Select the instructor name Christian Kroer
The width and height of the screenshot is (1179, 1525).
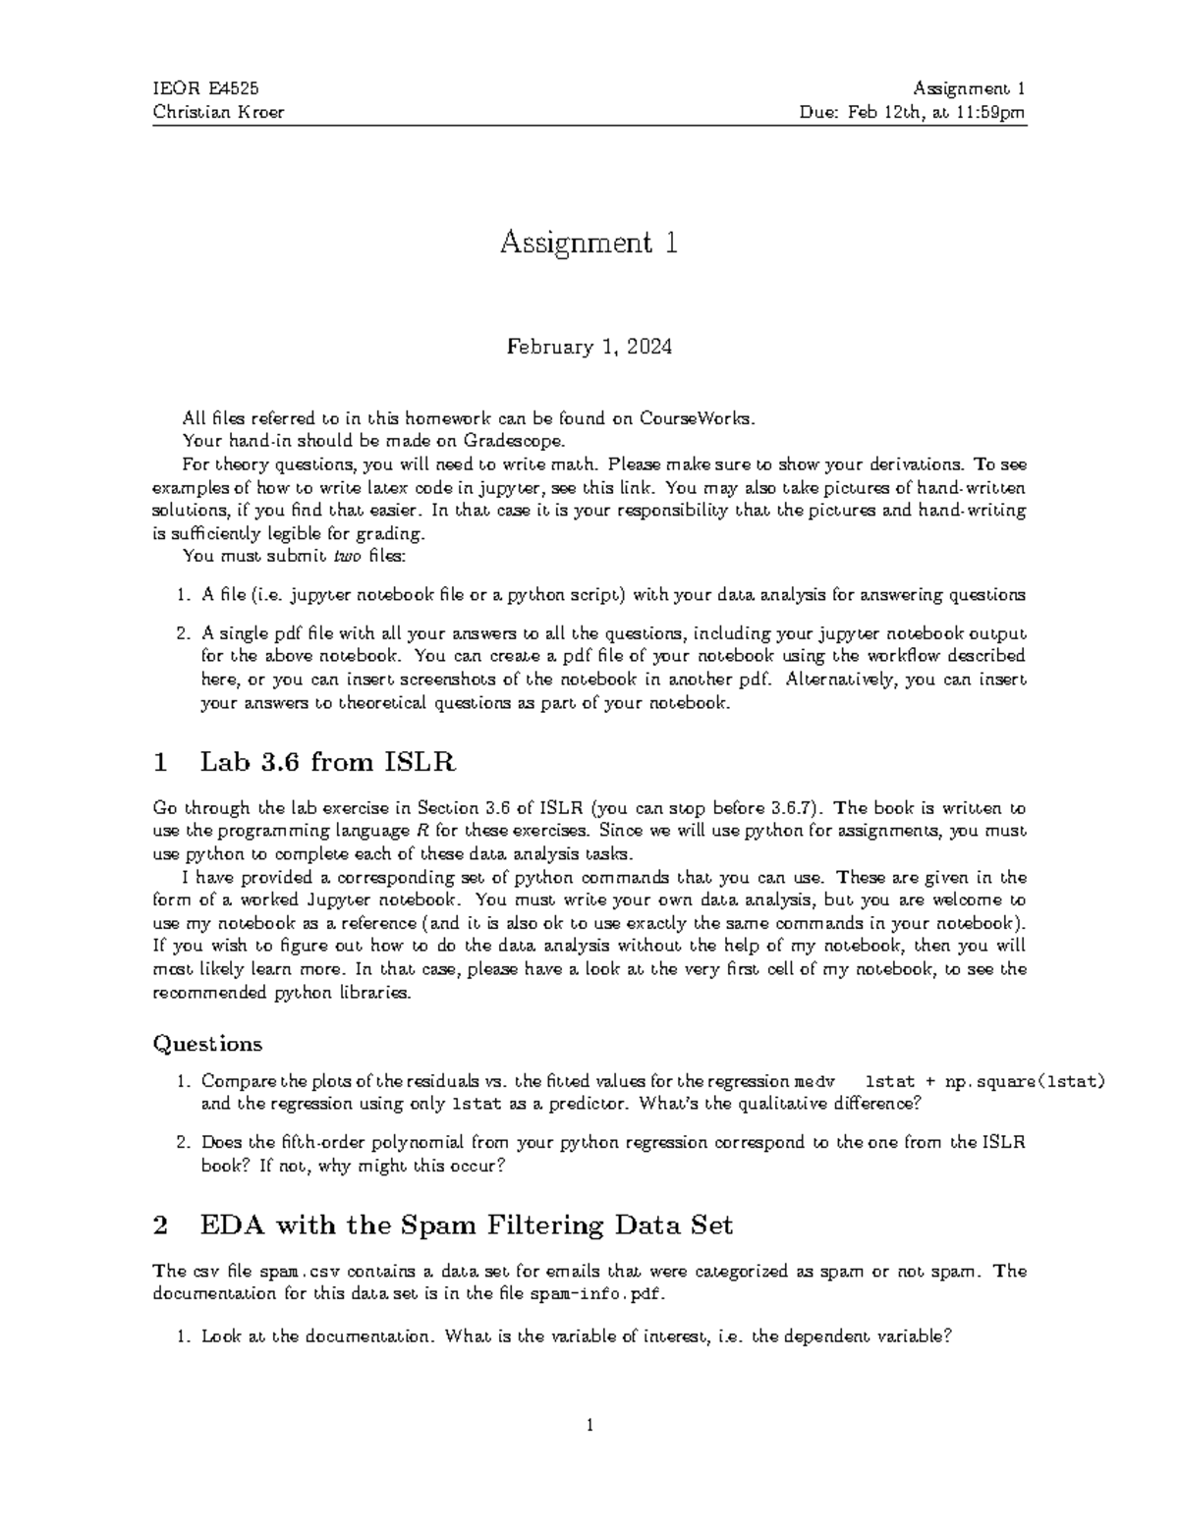point(218,112)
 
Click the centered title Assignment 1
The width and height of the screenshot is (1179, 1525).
point(589,243)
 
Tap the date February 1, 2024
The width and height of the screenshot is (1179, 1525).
point(589,347)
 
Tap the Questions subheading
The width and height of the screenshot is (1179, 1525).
point(207,1043)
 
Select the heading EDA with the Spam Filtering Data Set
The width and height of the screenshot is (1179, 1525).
point(467,1225)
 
